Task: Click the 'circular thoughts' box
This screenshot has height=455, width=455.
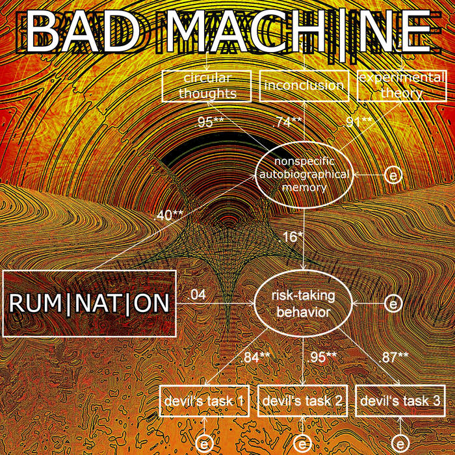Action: pyautogui.click(x=207, y=86)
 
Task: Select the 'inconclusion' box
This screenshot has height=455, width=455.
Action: pyautogui.click(x=304, y=86)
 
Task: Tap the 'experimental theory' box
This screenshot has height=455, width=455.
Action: pyautogui.click(x=396, y=86)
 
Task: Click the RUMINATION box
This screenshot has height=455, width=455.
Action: pyautogui.click(x=90, y=303)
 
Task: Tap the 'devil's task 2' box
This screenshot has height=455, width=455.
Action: pyautogui.click(x=303, y=402)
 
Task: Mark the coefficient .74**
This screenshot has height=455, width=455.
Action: pyautogui.click(x=287, y=121)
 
